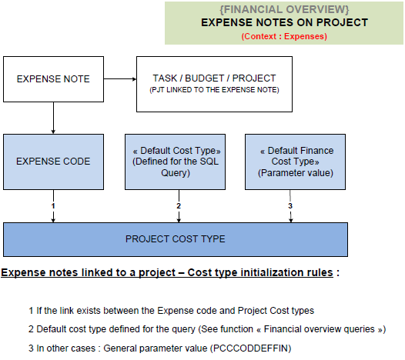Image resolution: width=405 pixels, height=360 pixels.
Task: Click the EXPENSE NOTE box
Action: pyautogui.click(x=53, y=79)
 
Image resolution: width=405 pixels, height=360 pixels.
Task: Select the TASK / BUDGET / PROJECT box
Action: pyautogui.click(x=214, y=84)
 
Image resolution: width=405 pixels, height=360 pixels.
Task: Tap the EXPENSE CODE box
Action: pyautogui.click(x=53, y=162)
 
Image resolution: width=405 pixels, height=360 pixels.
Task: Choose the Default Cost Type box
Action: pyautogui.click(x=175, y=162)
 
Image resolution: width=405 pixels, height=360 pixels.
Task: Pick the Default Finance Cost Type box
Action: pyautogui.click(x=295, y=162)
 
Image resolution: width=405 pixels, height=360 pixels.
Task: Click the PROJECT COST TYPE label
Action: pyautogui.click(x=176, y=239)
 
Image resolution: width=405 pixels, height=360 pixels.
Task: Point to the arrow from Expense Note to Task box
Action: pyautogui.click(x=120, y=79)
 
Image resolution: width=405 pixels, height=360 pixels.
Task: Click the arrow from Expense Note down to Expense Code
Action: pyautogui.click(x=53, y=118)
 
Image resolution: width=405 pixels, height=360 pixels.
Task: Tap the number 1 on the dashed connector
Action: pyautogui.click(x=53, y=205)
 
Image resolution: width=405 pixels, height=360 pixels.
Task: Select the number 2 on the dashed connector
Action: pyautogui.click(x=179, y=205)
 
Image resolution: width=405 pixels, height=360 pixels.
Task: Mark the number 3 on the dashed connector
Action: pyautogui.click(x=290, y=205)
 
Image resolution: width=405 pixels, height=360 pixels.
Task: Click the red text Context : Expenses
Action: pyautogui.click(x=284, y=36)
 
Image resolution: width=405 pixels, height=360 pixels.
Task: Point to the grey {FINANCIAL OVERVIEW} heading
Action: pyautogui.click(x=284, y=9)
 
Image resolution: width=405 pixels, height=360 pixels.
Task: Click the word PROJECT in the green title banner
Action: pyautogui.click(x=342, y=22)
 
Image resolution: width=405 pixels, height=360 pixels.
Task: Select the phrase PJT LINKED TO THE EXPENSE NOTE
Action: pyautogui.click(x=214, y=90)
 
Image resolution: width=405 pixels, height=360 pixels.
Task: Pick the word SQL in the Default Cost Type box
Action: pyautogui.click(x=209, y=162)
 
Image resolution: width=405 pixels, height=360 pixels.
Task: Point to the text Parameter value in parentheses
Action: pyautogui.click(x=296, y=173)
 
